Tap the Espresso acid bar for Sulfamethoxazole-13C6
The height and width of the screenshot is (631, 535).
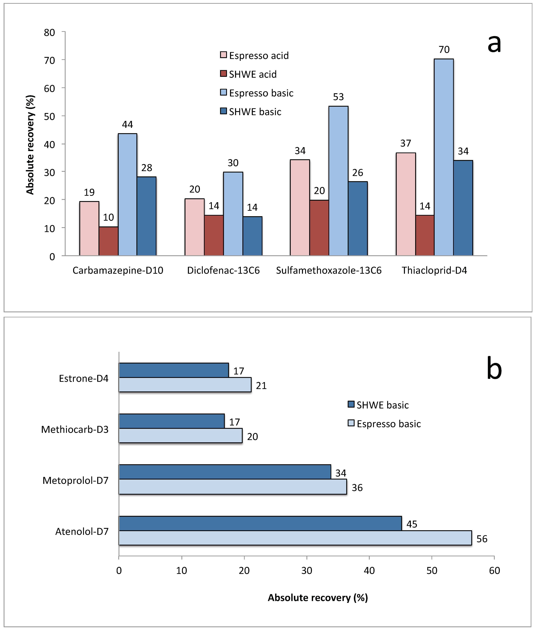pyautogui.click(x=300, y=208)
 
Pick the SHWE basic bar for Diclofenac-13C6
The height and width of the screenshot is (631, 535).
pyautogui.click(x=252, y=236)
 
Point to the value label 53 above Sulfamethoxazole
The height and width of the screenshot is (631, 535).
pyautogui.click(x=338, y=97)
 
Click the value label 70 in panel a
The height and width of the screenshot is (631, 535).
pyautogui.click(x=444, y=49)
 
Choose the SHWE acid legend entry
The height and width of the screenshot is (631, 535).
pyautogui.click(x=248, y=74)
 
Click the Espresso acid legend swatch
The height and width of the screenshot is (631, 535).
pyautogui.click(x=224, y=55)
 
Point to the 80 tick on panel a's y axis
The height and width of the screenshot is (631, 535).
pyautogui.click(x=49, y=32)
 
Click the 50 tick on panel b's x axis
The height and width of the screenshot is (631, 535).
pyautogui.click(x=432, y=571)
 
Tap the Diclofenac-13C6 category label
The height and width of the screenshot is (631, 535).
pyautogui.click(x=224, y=270)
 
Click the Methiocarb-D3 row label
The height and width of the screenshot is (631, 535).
pyautogui.click(x=75, y=430)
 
